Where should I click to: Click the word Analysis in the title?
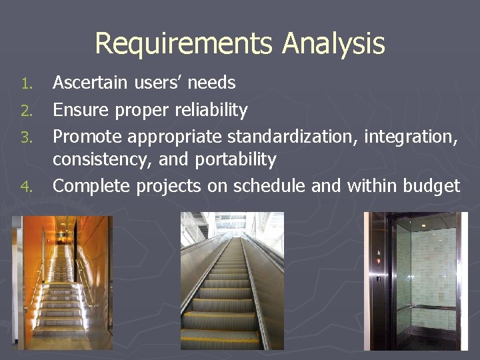pyautogui.click(x=333, y=44)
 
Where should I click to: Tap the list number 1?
pyautogui.click(x=26, y=84)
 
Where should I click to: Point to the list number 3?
pyautogui.click(x=26, y=138)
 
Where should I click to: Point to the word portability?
pyautogui.click(x=236, y=160)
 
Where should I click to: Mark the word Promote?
pyautogui.click(x=87, y=137)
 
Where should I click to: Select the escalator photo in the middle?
pyautogui.click(x=232, y=281)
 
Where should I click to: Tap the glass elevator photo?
pyautogui.click(x=416, y=281)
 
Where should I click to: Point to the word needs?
pyautogui.click(x=211, y=83)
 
